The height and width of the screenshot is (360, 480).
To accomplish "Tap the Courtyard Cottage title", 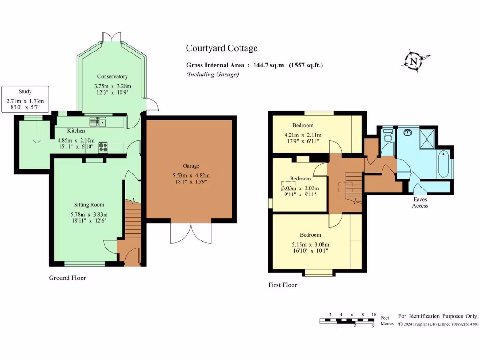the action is pos(222,48).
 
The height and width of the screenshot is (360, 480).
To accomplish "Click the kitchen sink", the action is pos(97,122).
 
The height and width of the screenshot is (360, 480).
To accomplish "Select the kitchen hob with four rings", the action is pos(103,147).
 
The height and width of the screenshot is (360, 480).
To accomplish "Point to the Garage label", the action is pos(191,166).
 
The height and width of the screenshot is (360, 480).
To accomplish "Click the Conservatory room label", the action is pos(112,76).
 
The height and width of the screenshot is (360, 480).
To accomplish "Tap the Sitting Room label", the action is pos(89,204).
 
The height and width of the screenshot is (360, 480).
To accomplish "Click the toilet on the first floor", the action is pos(389,135).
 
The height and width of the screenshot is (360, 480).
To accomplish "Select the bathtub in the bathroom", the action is pos(443,164).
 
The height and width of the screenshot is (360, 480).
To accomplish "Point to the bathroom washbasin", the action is pos(407,133).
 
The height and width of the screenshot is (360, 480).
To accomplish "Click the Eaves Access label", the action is pos(420,202).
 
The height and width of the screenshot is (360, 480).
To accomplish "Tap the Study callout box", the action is pos(25,99).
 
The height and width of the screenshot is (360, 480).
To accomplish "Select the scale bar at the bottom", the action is pos(346,321).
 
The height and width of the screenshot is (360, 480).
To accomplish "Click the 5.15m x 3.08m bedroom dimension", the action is pos(310,244).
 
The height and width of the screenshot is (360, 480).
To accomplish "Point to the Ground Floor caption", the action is pos(67,277).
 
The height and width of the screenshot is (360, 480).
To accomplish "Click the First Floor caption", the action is pos(283,285).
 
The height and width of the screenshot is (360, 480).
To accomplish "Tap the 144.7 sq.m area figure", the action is pos(268,65).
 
